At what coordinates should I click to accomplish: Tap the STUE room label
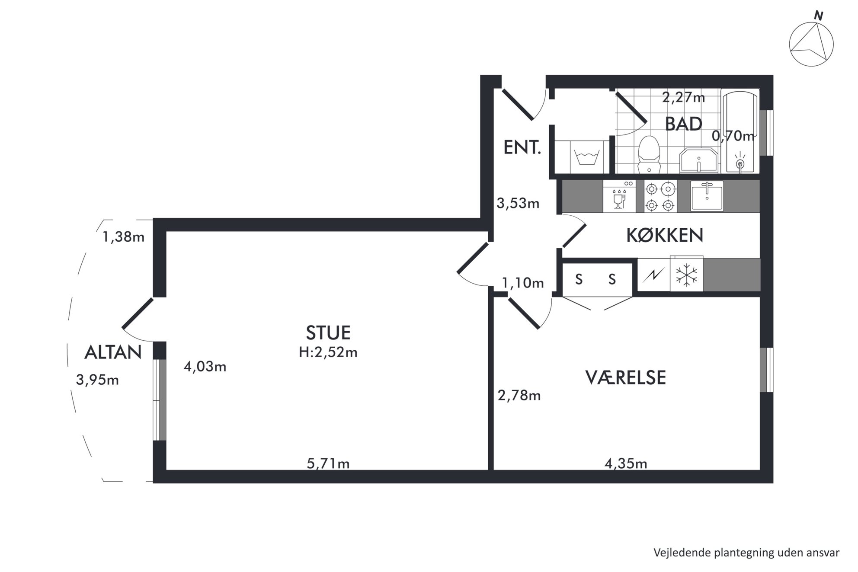(328, 333)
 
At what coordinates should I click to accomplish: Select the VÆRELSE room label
(625, 377)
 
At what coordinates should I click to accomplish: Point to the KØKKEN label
(665, 235)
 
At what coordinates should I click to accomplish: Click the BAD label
(683, 124)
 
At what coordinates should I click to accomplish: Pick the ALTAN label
(113, 352)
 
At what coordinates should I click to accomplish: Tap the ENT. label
(522, 148)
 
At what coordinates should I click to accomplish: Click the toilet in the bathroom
(649, 154)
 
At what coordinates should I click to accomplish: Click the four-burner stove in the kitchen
(660, 196)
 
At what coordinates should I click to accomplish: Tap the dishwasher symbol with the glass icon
(619, 196)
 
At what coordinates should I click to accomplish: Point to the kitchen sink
(707, 196)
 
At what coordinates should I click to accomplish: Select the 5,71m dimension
(328, 463)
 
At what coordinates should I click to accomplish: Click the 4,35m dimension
(626, 463)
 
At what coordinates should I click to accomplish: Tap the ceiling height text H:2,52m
(328, 352)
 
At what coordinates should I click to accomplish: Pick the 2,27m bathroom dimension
(683, 97)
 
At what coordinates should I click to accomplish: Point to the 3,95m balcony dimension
(97, 380)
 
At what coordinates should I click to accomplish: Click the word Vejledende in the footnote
(677, 553)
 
